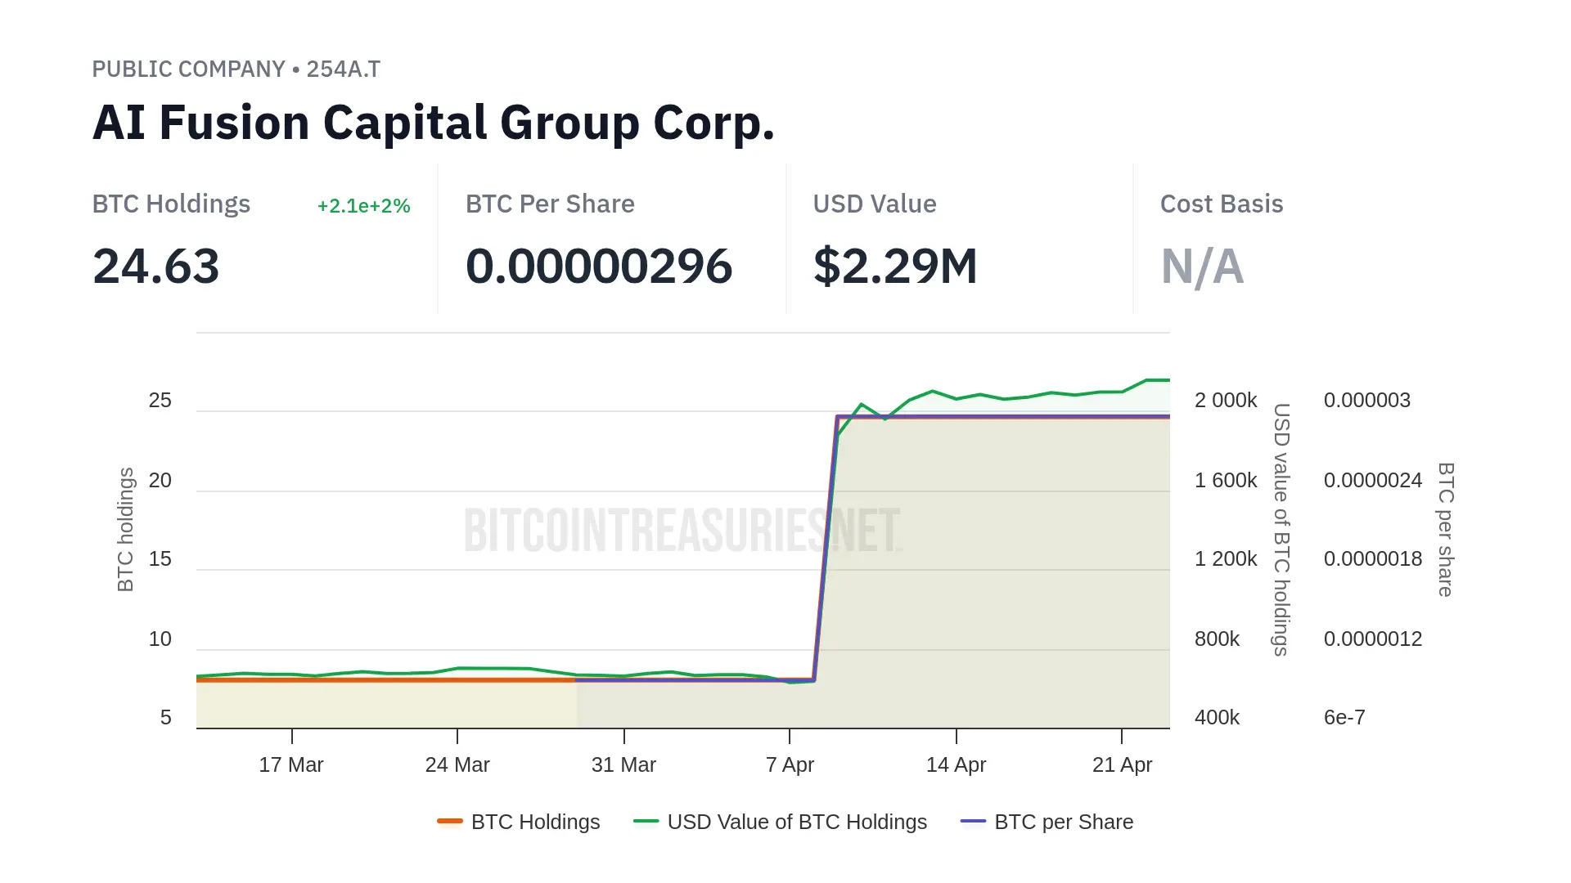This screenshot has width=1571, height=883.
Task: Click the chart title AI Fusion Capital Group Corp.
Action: (x=433, y=123)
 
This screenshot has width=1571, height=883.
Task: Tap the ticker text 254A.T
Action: (x=343, y=69)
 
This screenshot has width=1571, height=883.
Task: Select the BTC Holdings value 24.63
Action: (x=156, y=267)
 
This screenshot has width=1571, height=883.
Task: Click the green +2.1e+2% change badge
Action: (x=363, y=206)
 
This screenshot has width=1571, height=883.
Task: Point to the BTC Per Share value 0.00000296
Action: (x=599, y=267)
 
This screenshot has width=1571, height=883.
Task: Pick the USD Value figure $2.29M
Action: (x=895, y=267)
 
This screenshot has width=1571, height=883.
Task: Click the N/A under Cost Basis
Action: (x=1202, y=267)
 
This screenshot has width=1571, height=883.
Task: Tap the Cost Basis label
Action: (x=1221, y=204)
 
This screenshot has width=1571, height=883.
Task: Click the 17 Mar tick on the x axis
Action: (x=291, y=765)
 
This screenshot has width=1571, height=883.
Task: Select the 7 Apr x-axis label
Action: (x=790, y=765)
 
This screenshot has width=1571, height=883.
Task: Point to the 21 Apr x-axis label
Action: (x=1122, y=765)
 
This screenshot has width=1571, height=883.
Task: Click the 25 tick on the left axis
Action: (x=160, y=401)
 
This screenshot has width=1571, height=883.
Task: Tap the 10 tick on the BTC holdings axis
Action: (x=160, y=639)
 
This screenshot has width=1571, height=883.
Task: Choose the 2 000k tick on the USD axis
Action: (x=1225, y=401)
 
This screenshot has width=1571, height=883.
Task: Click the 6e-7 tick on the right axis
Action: (x=1344, y=718)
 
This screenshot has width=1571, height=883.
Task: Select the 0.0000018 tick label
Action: (x=1373, y=559)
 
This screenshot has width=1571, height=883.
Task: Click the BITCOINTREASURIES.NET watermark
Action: (x=682, y=530)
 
